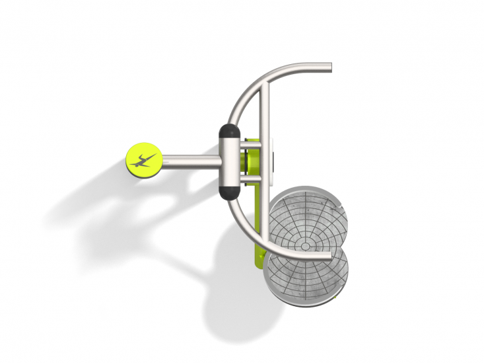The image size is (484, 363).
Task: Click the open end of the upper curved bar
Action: pyautogui.click(x=328, y=67)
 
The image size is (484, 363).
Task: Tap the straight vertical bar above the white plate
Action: pyautogui.click(x=265, y=112)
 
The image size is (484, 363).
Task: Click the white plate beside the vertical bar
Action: pyautogui.click(x=271, y=159)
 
